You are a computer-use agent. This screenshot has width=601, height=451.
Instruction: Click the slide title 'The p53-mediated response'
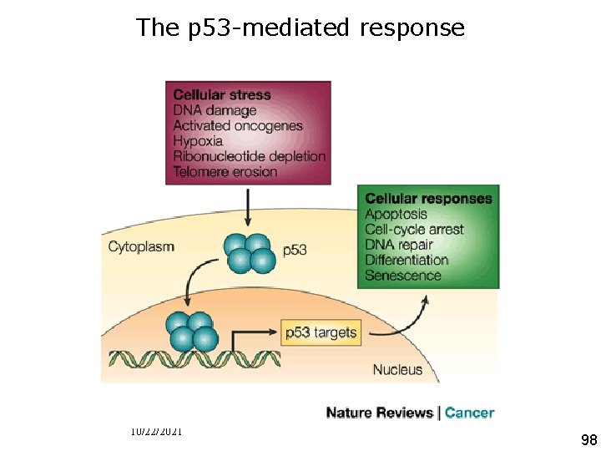[300, 28]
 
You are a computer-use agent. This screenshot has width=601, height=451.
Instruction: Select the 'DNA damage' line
[215, 110]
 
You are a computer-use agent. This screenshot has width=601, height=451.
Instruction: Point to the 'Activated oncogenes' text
[237, 126]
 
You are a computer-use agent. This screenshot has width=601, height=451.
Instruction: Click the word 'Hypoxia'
[199, 141]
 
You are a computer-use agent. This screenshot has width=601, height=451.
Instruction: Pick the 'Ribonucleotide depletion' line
[249, 156]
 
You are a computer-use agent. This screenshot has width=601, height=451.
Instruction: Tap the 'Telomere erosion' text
[225, 172]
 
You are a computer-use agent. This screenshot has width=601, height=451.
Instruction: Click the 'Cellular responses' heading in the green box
[428, 199]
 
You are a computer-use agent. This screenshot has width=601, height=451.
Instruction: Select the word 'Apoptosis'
[396, 214]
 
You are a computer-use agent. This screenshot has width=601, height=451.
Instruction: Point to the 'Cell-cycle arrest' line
[414, 229]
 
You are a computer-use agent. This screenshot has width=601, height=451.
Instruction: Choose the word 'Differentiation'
[407, 260]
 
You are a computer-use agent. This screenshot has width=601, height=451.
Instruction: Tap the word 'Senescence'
[402, 275]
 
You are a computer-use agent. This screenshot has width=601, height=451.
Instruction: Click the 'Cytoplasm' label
[141, 246]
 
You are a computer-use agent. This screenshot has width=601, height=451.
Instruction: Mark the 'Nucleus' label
[397, 368]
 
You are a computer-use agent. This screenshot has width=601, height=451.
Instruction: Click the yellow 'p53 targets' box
[321, 332]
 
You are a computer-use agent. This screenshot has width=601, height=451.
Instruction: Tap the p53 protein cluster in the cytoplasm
[249, 253]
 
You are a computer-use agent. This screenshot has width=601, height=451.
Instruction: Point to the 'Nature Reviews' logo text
[380, 413]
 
